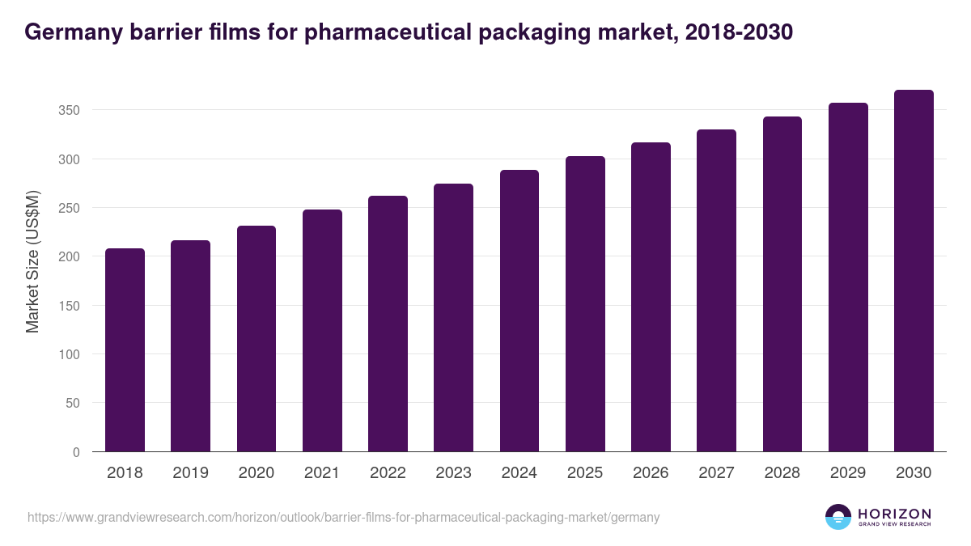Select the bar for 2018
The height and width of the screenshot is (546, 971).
125,350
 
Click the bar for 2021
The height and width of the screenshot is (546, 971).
322,331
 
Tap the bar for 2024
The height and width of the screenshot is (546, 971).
519,311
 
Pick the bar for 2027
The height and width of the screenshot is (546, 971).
717,290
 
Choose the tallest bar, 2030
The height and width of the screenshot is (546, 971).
914,271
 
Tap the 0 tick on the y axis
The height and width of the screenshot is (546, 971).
76,452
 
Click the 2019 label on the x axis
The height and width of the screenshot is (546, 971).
190,473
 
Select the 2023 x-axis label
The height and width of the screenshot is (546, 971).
453,473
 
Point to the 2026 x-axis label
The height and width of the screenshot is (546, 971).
651,473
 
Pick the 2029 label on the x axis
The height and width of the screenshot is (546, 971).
848,473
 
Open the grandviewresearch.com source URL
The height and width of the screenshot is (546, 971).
344,517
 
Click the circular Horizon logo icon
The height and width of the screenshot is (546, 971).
838,517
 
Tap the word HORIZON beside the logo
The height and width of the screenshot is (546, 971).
894,514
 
